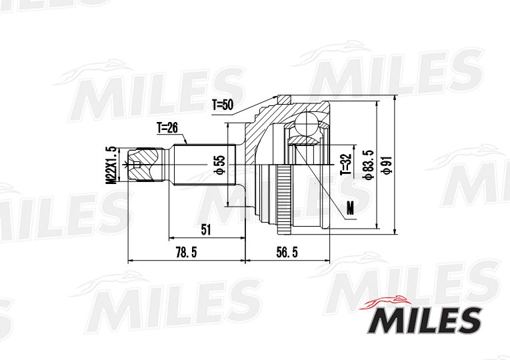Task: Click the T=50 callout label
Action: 223,105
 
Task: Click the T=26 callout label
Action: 167,128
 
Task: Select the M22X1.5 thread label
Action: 112,165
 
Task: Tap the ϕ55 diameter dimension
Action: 220,165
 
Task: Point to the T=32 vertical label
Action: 346,164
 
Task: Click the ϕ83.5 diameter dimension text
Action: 369,165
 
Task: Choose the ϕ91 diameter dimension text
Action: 387,165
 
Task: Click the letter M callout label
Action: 350,208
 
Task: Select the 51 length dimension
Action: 206,229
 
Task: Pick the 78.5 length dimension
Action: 186,253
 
